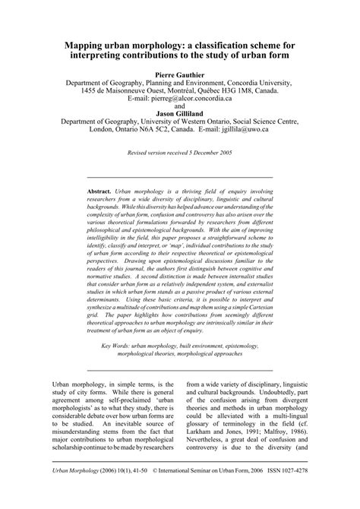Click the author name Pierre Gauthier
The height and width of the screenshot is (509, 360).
180,75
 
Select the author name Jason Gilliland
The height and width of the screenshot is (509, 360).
180,112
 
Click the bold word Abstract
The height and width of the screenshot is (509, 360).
99,191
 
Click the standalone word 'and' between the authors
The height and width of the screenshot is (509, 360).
180,106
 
